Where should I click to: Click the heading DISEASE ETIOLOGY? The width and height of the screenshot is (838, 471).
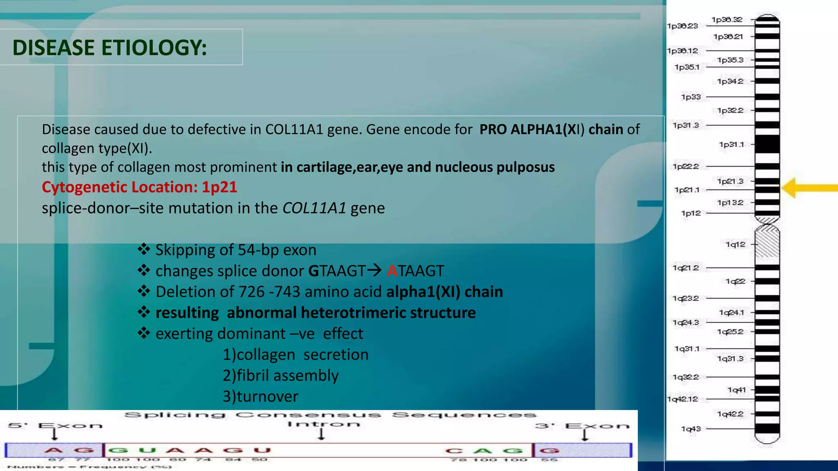tap(110, 48)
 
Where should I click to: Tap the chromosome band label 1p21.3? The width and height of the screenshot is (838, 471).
tap(730, 181)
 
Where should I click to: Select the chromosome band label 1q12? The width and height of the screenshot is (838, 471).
tap(735, 244)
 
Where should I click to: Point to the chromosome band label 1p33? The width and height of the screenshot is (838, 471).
tap(691, 97)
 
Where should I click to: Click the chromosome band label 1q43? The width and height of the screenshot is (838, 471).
tap(691, 428)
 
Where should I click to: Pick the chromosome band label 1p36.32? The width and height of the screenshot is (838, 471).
tap(727, 20)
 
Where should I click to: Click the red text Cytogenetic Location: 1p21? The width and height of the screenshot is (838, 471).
tap(139, 187)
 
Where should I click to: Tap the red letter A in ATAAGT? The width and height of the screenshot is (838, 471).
tap(392, 271)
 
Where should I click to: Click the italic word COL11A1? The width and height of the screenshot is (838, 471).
tap(314, 208)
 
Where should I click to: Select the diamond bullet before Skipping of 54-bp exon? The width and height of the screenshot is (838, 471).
tap(144, 249)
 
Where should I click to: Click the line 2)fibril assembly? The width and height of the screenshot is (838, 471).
tap(280, 375)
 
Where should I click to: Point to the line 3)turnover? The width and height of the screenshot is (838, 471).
tap(260, 396)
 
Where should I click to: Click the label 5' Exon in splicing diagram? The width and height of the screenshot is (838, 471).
tap(55, 426)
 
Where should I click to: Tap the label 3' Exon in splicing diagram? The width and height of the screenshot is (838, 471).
tap(582, 426)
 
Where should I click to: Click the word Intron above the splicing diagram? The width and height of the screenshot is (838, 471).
tap(323, 424)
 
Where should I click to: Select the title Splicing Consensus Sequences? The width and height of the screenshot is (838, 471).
tap(330, 415)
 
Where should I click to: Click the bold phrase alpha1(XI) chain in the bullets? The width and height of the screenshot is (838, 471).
tap(444, 292)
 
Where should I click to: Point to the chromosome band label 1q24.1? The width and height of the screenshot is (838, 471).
tap(732, 312)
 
